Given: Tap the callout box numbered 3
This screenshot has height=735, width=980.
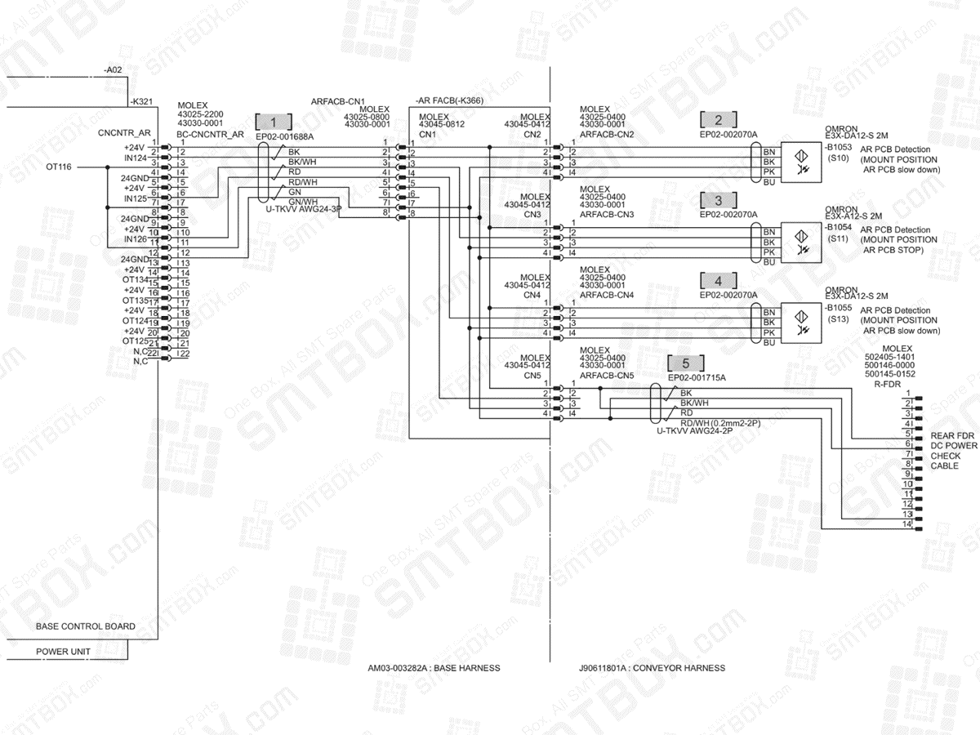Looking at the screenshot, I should tap(719, 200).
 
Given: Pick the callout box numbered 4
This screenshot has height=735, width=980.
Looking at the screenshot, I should tap(719, 280).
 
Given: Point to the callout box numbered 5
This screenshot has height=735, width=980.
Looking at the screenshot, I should tap(686, 363).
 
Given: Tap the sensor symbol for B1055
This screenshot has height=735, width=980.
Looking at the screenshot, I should tap(800, 318).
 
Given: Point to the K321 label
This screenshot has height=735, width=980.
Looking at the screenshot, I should tap(142, 101).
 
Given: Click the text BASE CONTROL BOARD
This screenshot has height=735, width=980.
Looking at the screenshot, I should tap(86, 626).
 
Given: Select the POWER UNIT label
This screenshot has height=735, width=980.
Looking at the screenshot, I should tap(63, 652).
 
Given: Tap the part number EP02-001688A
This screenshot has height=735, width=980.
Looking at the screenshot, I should tap(284, 136).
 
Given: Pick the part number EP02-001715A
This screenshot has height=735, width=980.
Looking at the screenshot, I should tap(697, 377).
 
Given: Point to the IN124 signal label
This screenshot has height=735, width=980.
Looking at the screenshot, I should tap(135, 158).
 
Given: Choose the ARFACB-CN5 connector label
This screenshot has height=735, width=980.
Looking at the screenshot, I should tap(607, 375).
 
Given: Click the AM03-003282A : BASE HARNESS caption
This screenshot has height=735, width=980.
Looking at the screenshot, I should tap(434, 668).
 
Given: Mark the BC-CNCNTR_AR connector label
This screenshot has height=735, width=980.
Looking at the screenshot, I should tap(210, 132).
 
